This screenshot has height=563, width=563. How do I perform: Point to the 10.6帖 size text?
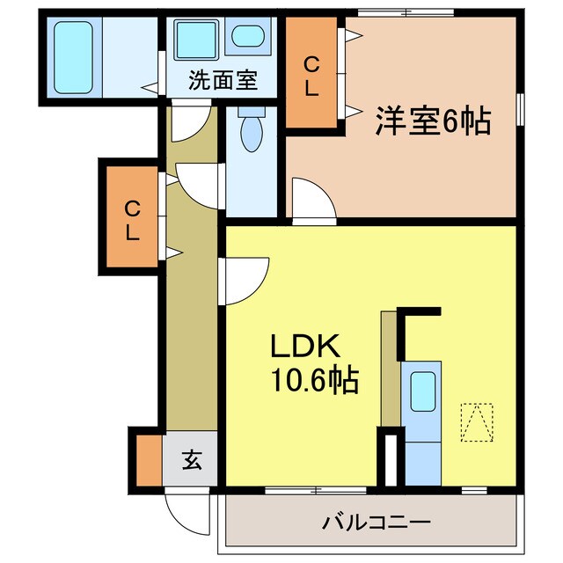tap(312, 380)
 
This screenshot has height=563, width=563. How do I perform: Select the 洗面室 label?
tap(223, 81)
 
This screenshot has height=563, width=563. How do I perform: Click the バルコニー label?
tap(376, 523)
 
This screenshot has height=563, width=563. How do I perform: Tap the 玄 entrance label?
tap(191, 459)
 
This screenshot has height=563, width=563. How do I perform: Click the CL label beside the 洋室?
tap(311, 75)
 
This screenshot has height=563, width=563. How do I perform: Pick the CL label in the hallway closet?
tap(132, 220)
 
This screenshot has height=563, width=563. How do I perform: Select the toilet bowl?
tap(252, 132)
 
